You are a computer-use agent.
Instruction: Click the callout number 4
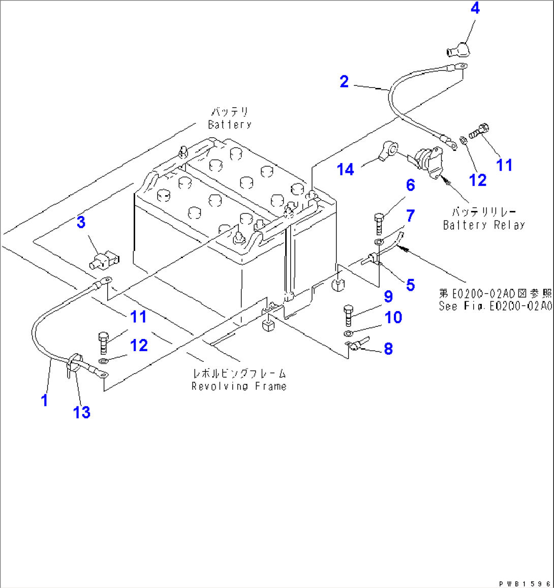coord(475,9)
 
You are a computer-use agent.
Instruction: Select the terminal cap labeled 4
coord(458,51)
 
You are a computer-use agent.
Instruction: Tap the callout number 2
coord(344,81)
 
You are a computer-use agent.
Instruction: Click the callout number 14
coord(346,169)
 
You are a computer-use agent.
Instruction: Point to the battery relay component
coord(428,162)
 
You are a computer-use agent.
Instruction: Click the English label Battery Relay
coord(484,225)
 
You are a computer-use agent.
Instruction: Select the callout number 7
coord(410,215)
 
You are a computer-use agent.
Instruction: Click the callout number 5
coord(410,285)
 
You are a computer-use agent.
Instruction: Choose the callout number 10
coord(393,318)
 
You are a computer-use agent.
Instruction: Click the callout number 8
coord(388,349)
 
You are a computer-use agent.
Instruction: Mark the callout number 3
coord(81,222)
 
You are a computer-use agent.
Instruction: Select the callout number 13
coord(82,412)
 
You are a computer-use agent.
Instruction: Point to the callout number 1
coord(45,400)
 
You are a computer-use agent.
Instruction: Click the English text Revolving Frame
coord(239,386)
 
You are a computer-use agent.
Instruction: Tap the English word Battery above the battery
coord(230,125)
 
